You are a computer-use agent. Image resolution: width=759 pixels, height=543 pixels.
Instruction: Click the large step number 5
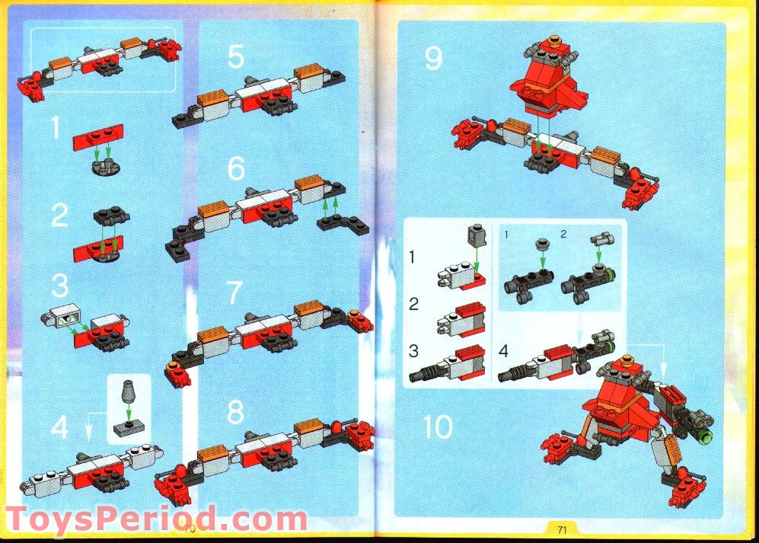pos(236,56)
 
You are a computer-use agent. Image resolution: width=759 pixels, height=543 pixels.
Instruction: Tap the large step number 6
pos(236,168)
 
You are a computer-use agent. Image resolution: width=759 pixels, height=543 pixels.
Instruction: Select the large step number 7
pos(234,292)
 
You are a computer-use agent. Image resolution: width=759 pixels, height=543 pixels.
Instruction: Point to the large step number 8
pos(236,412)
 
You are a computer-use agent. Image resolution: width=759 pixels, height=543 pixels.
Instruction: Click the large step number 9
pos(433,58)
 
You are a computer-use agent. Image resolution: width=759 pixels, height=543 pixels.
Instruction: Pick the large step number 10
pos(438,426)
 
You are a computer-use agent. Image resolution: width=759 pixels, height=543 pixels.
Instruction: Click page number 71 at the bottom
pos(562,529)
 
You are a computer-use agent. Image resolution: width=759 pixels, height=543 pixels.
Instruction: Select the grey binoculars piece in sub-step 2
pos(602,240)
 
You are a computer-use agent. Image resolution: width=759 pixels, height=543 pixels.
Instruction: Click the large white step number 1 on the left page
pos(56,127)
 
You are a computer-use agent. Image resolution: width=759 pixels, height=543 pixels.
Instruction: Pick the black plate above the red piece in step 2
pos(111,216)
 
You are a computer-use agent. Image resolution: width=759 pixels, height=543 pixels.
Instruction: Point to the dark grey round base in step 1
pos(106,167)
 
